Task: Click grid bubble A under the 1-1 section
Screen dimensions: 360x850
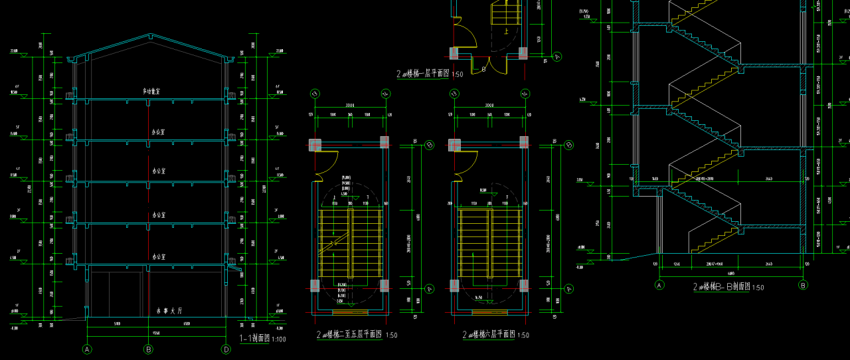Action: [x=86, y=349]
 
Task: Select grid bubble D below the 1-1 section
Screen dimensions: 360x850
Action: [x=226, y=349]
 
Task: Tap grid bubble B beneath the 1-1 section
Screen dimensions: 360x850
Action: [x=149, y=349]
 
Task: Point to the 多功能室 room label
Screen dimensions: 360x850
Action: [x=154, y=91]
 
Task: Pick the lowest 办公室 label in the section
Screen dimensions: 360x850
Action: [x=158, y=256]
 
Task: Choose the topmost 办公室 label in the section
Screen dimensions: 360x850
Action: [x=158, y=132]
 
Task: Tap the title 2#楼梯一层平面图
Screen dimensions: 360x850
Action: [x=423, y=74]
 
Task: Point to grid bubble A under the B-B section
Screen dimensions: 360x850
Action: [x=660, y=285]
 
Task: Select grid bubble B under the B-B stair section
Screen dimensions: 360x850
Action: [x=803, y=285]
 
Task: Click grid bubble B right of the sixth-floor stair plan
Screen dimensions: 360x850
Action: [x=569, y=145]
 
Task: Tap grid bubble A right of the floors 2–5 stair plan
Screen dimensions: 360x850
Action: [x=430, y=288]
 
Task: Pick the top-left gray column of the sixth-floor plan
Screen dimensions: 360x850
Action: [x=454, y=144]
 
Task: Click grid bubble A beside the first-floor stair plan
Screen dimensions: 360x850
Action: [x=557, y=56]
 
